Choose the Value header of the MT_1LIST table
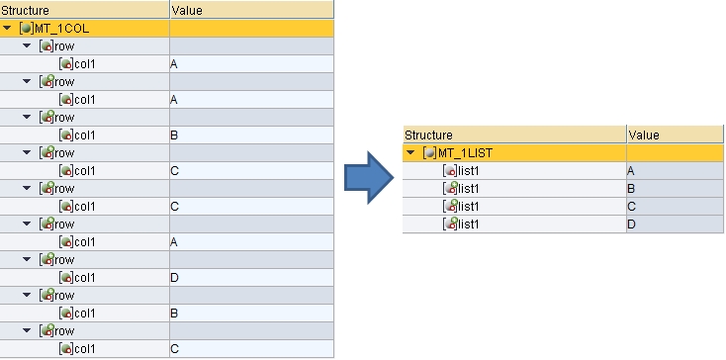click(643, 135)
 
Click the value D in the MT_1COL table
click(175, 278)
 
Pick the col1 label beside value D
click(84, 278)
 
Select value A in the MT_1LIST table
click(631, 171)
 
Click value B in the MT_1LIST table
click(631, 189)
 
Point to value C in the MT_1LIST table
click(631, 207)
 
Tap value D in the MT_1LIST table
click(631, 225)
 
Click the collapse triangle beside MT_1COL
click(8, 28)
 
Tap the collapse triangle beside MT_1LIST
click(411, 153)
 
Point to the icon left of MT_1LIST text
click(429, 153)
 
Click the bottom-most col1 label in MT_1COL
click(84, 349)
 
